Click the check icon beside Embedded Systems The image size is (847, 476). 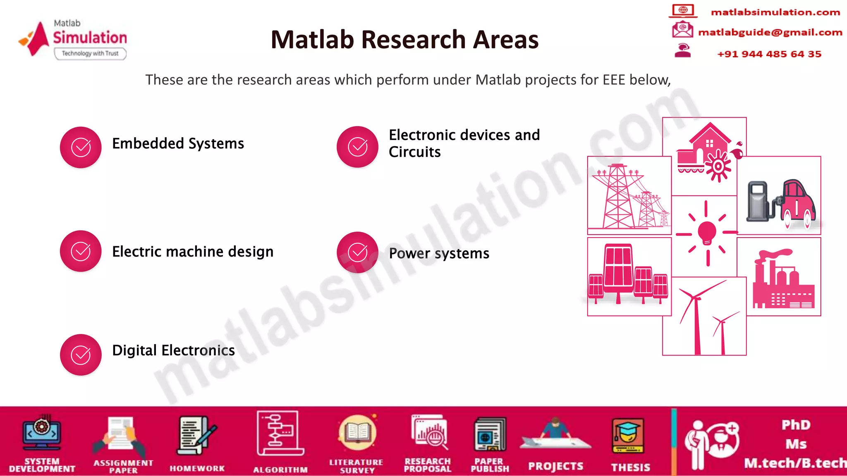click(x=81, y=147)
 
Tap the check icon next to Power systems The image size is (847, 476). click(x=357, y=252)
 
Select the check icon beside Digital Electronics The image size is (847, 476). click(x=81, y=355)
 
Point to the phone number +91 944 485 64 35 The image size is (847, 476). click(x=769, y=54)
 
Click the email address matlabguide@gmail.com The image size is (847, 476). click(x=770, y=32)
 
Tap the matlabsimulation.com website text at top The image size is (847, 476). click(x=775, y=12)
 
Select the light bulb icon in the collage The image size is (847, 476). click(x=707, y=232)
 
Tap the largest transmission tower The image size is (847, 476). click(x=618, y=196)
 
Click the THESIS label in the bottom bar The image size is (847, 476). click(x=630, y=467)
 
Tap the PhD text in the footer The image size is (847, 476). click(x=796, y=425)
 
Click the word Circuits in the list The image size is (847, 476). click(x=414, y=152)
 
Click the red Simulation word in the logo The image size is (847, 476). click(x=90, y=38)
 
